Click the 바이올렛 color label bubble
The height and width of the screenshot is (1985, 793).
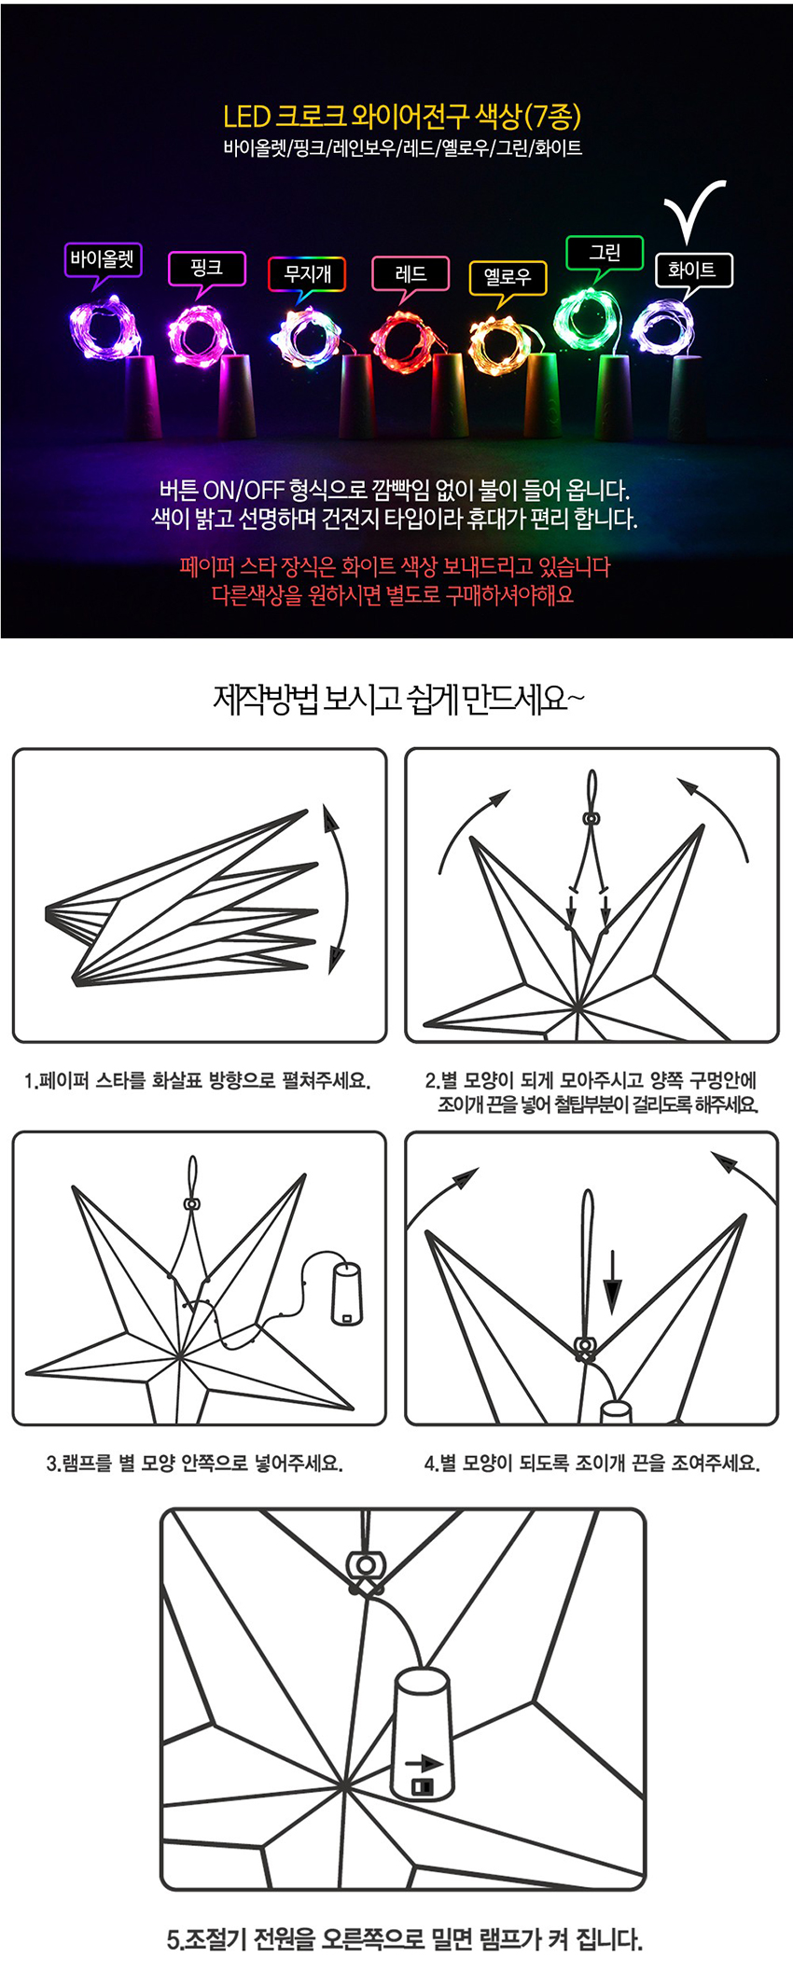[103, 259]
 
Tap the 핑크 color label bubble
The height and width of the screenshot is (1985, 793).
[206, 269]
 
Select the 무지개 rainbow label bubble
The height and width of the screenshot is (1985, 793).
[307, 274]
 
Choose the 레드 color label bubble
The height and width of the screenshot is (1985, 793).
[410, 274]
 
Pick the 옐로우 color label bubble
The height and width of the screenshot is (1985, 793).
[507, 277]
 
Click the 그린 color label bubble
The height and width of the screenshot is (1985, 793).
[605, 253]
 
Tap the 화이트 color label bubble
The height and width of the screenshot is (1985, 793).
[691, 270]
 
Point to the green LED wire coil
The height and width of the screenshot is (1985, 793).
[586, 317]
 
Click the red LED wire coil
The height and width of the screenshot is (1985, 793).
[404, 340]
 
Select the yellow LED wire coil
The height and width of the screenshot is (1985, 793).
[499, 344]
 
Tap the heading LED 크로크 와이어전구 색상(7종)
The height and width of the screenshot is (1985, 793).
[402, 117]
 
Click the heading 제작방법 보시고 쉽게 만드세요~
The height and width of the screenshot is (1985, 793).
[398, 699]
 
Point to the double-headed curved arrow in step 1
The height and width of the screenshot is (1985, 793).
[345, 886]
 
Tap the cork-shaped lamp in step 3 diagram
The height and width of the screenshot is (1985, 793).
[346, 1293]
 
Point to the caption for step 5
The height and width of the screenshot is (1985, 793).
[405, 1939]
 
